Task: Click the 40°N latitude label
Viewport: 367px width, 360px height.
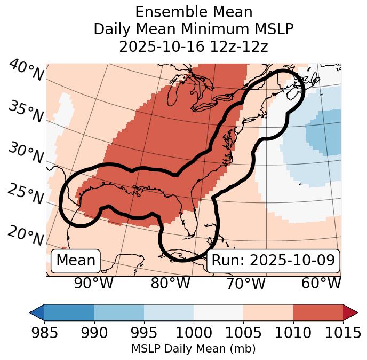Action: click(x=26, y=71)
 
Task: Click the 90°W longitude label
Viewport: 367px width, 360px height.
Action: click(x=94, y=284)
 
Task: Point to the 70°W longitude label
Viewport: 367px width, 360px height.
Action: click(x=246, y=284)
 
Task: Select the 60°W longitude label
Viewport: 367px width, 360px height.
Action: click(x=321, y=284)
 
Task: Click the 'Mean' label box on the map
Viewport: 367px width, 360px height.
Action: click(x=76, y=261)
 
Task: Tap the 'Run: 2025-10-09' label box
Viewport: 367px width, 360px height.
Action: click(x=273, y=261)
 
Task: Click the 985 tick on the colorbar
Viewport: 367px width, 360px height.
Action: click(x=44, y=333)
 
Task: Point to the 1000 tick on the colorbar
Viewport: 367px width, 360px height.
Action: click(x=194, y=333)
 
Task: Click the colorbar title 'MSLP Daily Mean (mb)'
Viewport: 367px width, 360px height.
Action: click(x=194, y=349)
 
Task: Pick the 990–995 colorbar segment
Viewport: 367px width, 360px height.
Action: click(x=119, y=312)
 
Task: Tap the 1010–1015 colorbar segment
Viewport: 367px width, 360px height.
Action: click(x=318, y=312)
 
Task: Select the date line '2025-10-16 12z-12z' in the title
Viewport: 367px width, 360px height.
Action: click(x=194, y=46)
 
